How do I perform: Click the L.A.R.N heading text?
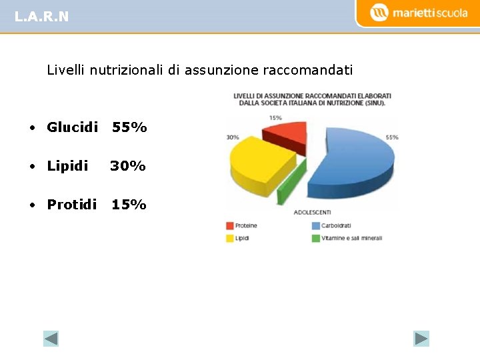click(x=41, y=17)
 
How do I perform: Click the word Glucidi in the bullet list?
click(x=72, y=127)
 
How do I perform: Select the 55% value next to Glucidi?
click(x=129, y=127)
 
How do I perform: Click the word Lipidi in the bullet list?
click(x=67, y=165)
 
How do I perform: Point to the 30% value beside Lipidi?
click(x=128, y=165)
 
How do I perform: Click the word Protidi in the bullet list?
click(x=71, y=204)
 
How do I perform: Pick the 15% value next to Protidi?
click(x=129, y=204)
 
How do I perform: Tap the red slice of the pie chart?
click(x=283, y=133)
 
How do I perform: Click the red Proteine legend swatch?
click(x=230, y=226)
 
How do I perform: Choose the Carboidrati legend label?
click(x=336, y=226)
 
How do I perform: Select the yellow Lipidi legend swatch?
click(x=230, y=238)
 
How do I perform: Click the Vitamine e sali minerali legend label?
click(x=351, y=238)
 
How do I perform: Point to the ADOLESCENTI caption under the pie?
click(x=312, y=212)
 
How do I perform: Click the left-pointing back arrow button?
click(x=51, y=339)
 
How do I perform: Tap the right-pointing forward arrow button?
click(x=421, y=339)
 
